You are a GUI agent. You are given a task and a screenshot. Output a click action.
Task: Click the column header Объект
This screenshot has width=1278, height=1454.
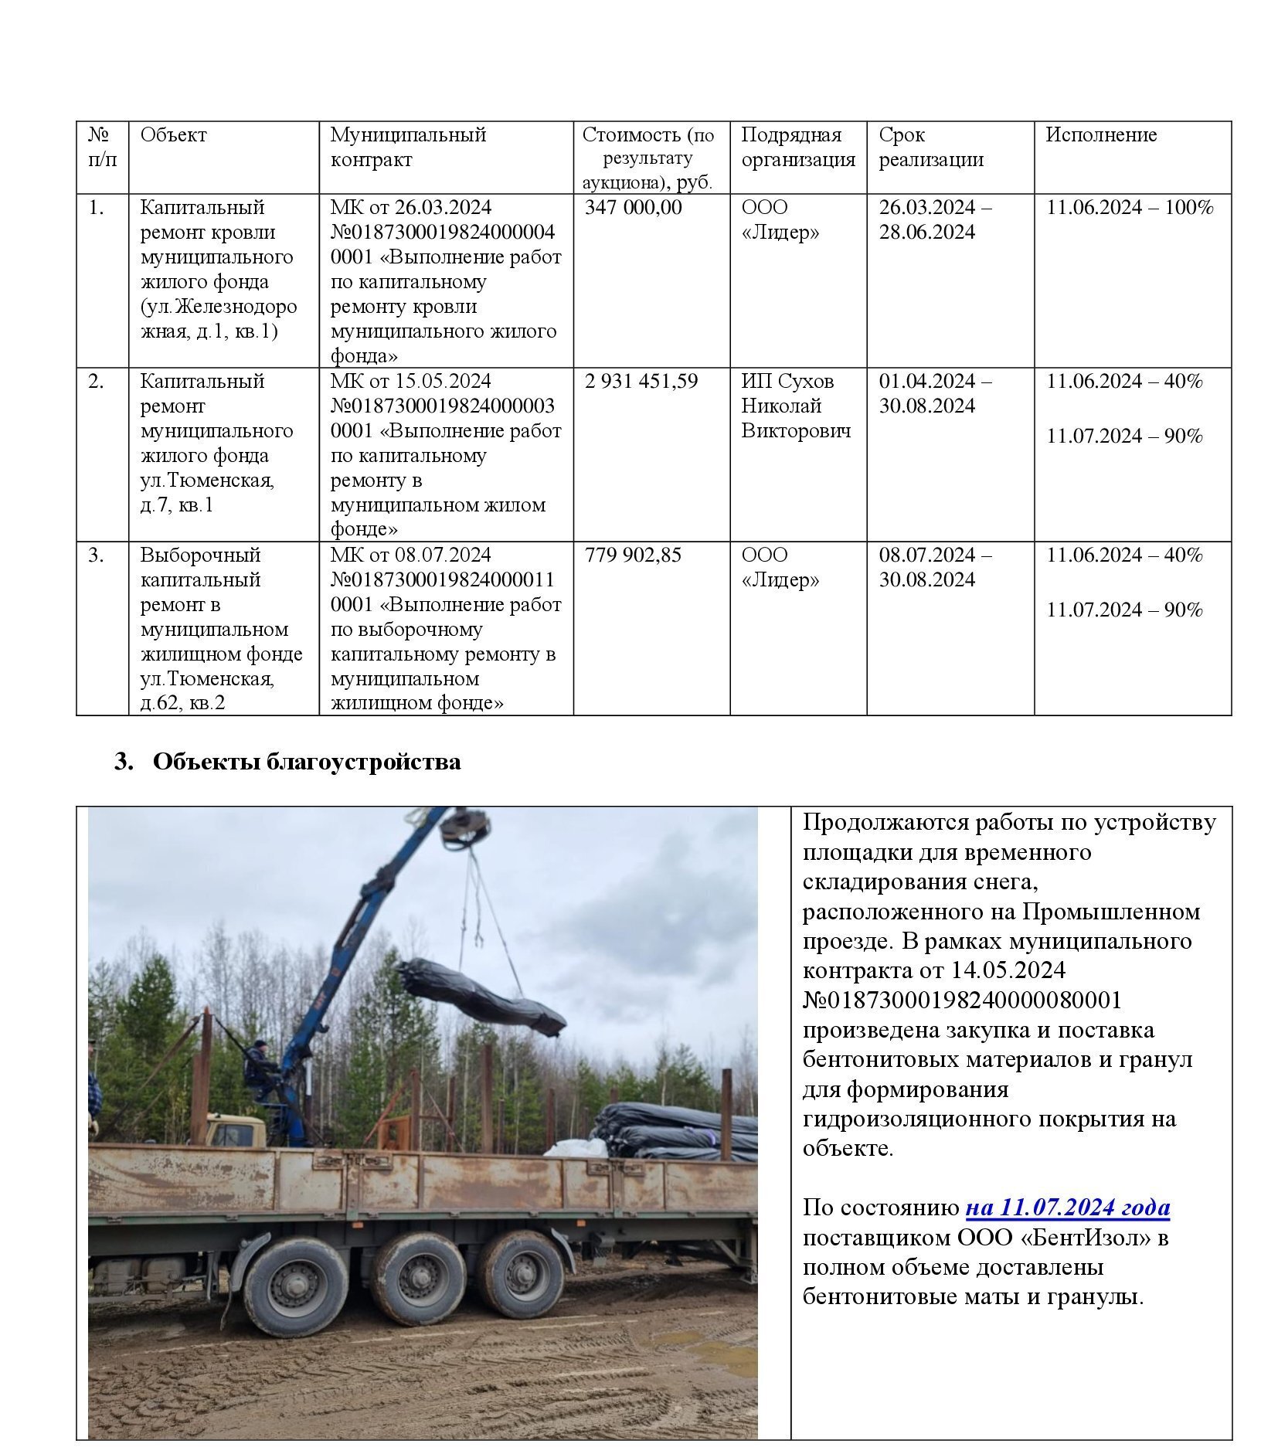pyautogui.click(x=173, y=135)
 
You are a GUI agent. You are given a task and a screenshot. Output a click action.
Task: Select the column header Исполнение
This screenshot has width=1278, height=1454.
pyautogui.click(x=1100, y=135)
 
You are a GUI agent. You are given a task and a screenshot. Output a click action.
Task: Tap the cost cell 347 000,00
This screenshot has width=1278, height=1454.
pyautogui.click(x=633, y=207)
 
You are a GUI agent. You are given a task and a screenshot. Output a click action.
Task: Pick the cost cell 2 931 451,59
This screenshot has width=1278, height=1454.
pyautogui.click(x=641, y=381)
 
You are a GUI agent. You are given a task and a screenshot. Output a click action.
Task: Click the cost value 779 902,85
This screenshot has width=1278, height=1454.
pyautogui.click(x=633, y=555)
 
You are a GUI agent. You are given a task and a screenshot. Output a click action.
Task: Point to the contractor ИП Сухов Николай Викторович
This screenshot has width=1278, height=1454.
pyautogui.click(x=795, y=406)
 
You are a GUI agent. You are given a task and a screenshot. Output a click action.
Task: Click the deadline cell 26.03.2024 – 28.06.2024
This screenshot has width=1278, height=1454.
pyautogui.click(x=935, y=219)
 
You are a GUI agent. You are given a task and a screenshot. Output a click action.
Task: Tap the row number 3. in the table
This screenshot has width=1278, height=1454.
pyautogui.click(x=96, y=555)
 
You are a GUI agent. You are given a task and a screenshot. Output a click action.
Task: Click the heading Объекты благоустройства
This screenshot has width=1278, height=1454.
pyautogui.click(x=306, y=762)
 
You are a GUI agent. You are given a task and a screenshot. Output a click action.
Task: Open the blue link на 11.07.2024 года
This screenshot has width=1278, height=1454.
pyautogui.click(x=1067, y=1208)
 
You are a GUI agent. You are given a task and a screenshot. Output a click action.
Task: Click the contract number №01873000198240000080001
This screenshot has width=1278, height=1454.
pyautogui.click(x=961, y=1000)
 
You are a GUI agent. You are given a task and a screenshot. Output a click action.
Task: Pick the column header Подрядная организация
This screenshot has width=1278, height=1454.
pyautogui.click(x=797, y=148)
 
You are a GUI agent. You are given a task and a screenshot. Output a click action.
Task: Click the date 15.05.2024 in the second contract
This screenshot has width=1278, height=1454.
pyautogui.click(x=443, y=381)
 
